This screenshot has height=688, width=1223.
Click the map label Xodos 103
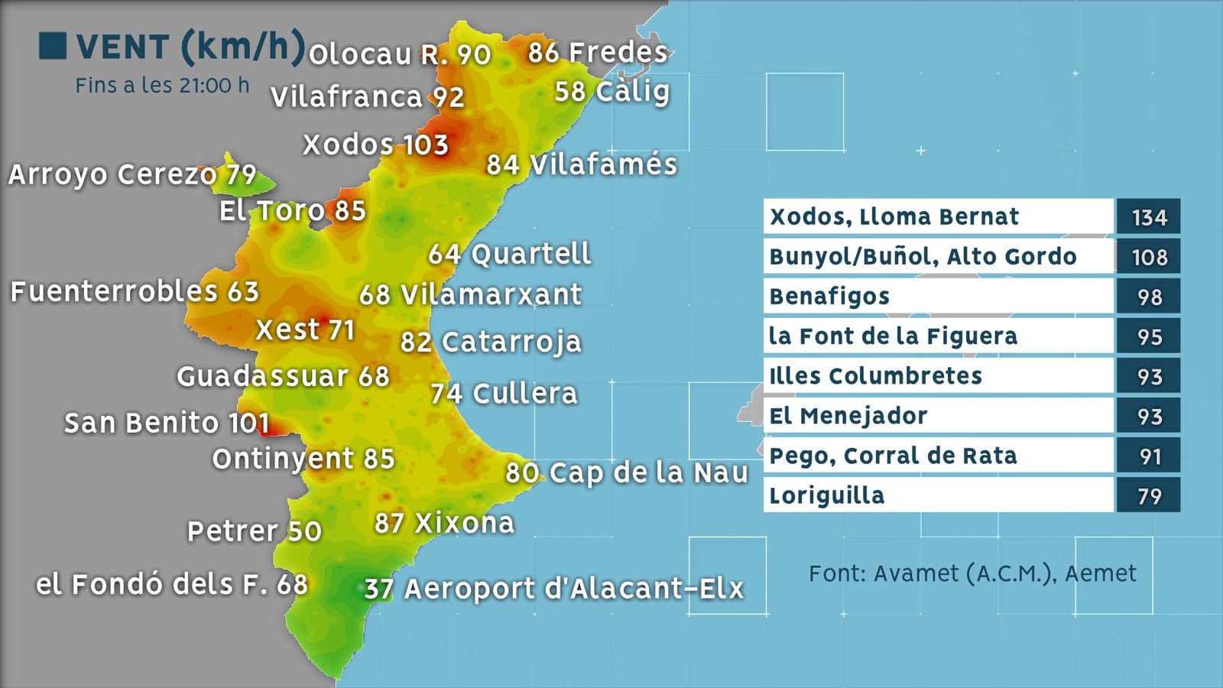375,144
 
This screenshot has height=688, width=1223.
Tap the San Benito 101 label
167,423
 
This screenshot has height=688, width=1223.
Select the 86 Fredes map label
598,52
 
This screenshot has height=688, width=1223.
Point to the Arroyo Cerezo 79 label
132,174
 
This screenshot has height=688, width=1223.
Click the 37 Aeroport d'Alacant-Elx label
553,589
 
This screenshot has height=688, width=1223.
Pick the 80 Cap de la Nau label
626,472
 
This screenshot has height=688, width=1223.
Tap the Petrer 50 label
255,531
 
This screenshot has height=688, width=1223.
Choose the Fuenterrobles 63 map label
135,291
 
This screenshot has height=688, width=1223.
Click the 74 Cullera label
504,394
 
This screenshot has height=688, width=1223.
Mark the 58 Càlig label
611,91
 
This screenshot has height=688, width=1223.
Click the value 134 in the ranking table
1149,217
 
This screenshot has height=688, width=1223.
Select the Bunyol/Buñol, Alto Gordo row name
923,257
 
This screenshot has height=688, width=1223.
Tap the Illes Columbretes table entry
875,376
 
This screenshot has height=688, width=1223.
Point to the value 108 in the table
1149,257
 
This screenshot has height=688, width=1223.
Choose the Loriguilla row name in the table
827,495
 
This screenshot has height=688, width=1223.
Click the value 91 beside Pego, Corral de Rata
1149,456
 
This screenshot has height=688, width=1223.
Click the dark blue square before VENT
53,46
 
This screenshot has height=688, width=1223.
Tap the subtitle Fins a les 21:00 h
162,86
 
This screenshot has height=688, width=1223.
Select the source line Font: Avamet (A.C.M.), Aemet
972,573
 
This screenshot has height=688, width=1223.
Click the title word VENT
122,47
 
